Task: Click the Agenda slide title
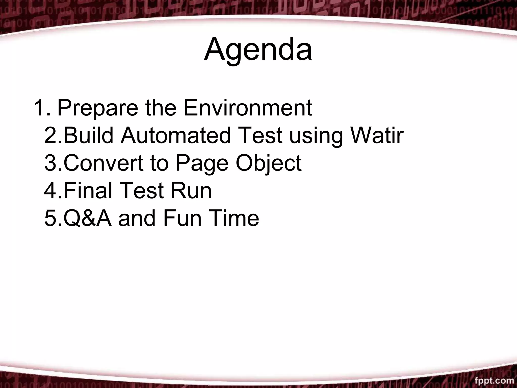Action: (x=258, y=50)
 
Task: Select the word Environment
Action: (x=248, y=108)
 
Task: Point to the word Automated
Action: (x=176, y=136)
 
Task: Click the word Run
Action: (x=191, y=191)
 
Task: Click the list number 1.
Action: (x=40, y=108)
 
